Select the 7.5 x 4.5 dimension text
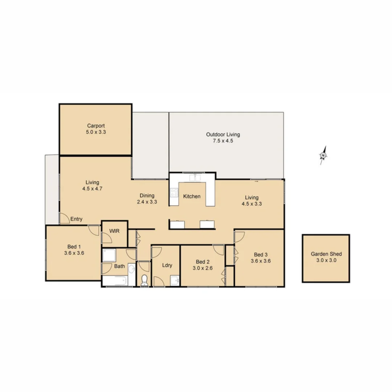pos(223,141)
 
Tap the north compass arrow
pos(323,155)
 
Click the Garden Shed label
pos(326,254)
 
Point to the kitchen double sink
pos(195,177)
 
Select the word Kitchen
pos(192,196)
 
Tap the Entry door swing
pos(64,218)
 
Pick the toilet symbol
pos(144,280)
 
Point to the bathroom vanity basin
pos(131,269)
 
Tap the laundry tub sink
pos(175,280)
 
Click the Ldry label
pos(167,265)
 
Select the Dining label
pos(147,196)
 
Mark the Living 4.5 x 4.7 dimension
pos(92,189)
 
